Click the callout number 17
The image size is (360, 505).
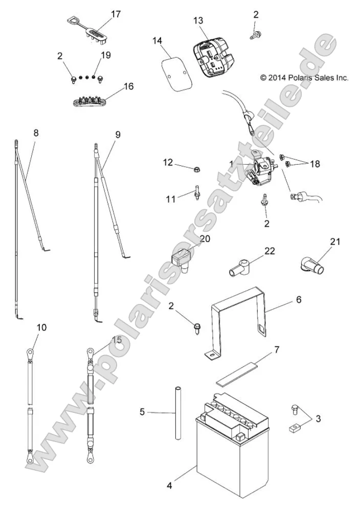(x=116, y=14)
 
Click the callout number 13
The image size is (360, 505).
(x=198, y=20)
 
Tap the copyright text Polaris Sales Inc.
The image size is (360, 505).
(x=304, y=78)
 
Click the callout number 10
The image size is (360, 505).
(x=41, y=326)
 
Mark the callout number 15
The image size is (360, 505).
(x=117, y=339)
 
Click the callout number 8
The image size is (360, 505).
(x=36, y=133)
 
